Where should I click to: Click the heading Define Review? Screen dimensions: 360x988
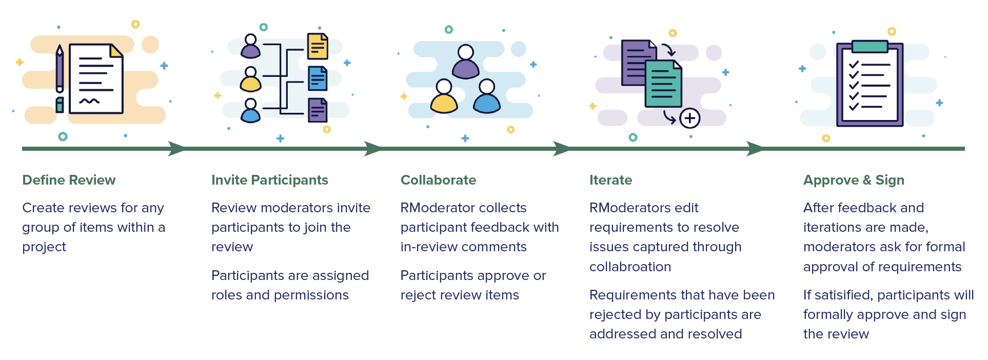tap(69, 180)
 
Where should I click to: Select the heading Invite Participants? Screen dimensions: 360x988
tap(269, 180)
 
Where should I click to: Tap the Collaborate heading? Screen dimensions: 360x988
tap(438, 180)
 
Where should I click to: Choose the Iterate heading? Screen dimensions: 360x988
tap(610, 180)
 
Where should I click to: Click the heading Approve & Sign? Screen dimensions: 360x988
tap(853, 180)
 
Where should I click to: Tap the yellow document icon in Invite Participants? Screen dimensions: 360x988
tap(318, 46)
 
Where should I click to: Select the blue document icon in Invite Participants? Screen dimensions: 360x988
tap(318, 78)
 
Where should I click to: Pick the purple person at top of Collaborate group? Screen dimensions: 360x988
tap(466, 63)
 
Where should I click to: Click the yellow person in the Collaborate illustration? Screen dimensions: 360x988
tap(444, 97)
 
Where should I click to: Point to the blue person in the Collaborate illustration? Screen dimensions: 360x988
tap(487, 97)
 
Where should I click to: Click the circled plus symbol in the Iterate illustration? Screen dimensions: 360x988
tap(689, 118)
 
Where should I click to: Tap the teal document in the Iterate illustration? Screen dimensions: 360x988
tap(663, 84)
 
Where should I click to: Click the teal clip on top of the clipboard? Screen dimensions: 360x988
tap(870, 47)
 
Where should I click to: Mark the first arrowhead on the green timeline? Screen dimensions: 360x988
tap(176, 149)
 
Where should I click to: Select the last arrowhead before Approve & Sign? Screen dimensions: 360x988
tap(754, 149)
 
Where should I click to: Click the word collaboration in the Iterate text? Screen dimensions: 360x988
tap(630, 267)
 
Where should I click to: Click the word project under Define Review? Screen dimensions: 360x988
tap(44, 247)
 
